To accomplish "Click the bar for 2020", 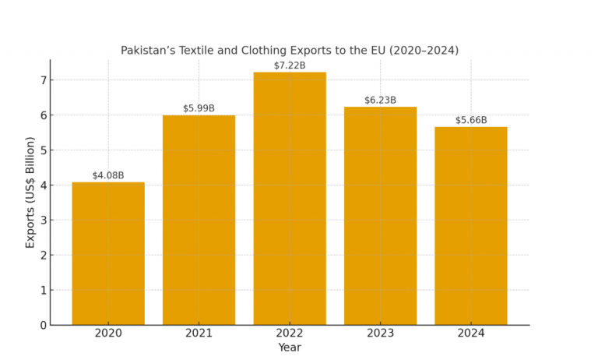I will pos(108,253).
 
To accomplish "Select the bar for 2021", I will pos(199,220).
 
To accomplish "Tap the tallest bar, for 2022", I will pos(290,198).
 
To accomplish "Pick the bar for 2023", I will pos(380,216).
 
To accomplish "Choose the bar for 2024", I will pos(470,226).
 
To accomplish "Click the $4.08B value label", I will pos(108,175).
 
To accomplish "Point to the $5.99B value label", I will pos(199,108).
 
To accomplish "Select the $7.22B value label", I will pos(290,65).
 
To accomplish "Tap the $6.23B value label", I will pos(380,100).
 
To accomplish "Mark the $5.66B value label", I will pos(471,120).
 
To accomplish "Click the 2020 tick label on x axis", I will pos(108,334).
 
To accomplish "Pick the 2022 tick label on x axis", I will pos(290,334).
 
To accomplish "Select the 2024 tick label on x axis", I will pos(470,334).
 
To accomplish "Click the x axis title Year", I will pos(290,348).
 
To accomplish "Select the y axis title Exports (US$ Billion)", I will pos(30,192).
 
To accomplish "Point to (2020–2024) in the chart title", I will pos(421,51).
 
